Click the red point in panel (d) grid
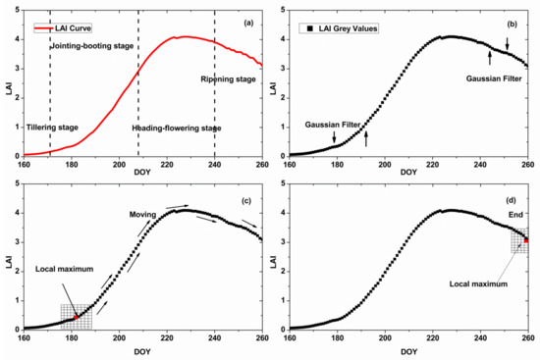tap(526, 239)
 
